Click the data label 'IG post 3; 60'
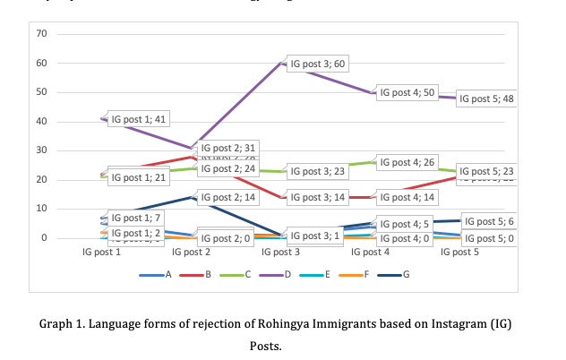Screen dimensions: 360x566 point(318,64)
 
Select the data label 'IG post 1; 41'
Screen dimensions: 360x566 point(139,119)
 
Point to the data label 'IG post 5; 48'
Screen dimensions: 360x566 point(486,99)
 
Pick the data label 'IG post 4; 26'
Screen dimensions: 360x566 point(407,162)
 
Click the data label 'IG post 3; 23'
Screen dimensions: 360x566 point(318,171)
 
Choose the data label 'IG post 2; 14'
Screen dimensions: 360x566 point(228,196)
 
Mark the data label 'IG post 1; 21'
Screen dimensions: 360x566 point(139,177)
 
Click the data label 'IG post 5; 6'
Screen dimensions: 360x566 point(489,221)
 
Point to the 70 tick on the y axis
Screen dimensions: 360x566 point(41,34)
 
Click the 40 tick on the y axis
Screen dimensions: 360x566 point(41,122)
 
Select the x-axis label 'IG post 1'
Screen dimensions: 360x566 point(101,253)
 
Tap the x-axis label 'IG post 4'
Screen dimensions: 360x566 point(370,253)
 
